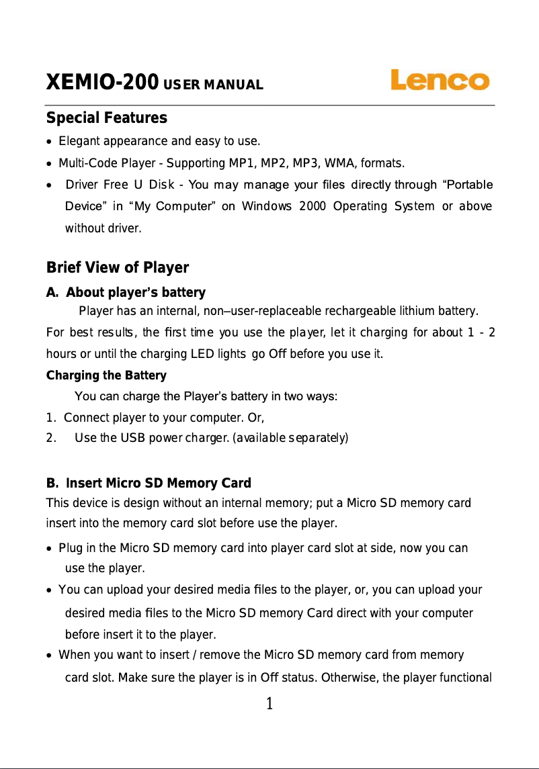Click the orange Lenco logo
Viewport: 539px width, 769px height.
click(440, 81)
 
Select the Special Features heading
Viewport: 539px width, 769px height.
click(106, 119)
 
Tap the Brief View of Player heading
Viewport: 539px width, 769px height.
click(117, 269)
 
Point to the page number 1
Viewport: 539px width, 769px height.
click(269, 704)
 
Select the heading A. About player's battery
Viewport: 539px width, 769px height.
click(125, 293)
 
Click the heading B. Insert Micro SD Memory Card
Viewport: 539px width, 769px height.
click(148, 484)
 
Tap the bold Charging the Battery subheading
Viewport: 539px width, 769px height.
click(106, 375)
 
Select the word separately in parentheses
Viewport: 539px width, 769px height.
click(318, 439)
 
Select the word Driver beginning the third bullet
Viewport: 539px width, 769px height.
click(83, 185)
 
